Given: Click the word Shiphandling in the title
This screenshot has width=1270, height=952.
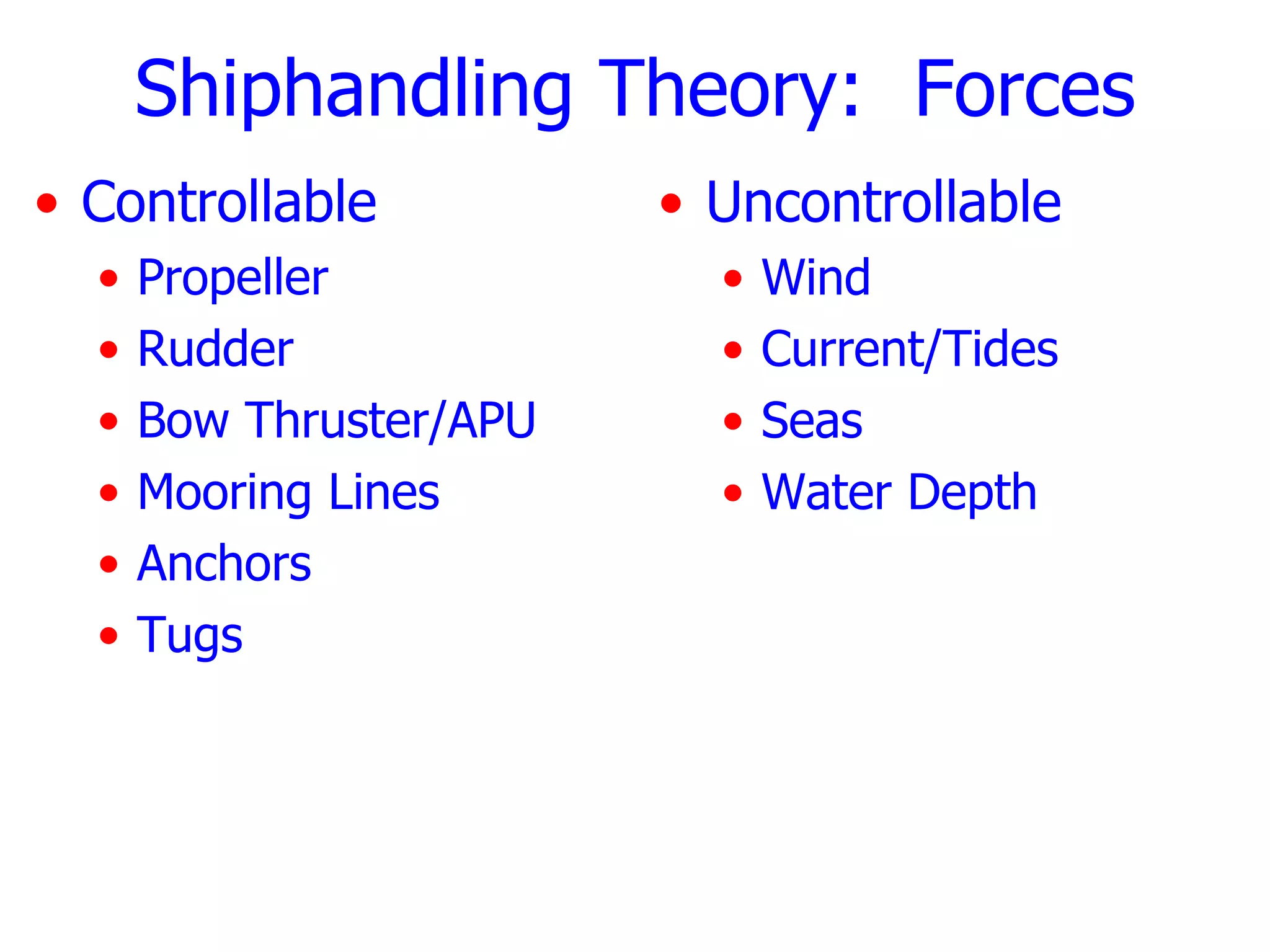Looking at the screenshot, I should coord(352,90).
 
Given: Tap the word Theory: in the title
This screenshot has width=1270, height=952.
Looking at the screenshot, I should coord(729,90).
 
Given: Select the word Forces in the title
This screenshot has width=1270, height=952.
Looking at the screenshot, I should coord(1024,90).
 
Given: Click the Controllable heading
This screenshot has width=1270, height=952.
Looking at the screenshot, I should coord(229,203).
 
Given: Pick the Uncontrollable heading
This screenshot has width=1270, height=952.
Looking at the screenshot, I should coord(883,203).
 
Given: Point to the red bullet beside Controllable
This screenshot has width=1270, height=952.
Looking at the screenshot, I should coord(47,203).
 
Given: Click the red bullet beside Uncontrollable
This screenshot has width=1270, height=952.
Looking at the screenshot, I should coord(671,203).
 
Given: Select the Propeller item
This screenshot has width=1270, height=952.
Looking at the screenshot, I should coord(233,278).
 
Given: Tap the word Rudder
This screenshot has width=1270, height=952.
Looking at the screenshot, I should coord(215,350).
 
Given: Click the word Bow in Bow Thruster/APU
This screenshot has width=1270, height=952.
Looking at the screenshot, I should coord(183,421).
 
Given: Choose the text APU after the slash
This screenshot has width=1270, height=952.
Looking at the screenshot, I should coord(491,421).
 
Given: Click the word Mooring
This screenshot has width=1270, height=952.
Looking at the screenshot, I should coord(224,493).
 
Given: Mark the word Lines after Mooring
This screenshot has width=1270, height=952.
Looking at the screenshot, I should coord(384,492).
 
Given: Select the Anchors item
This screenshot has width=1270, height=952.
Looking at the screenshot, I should coord(224,564).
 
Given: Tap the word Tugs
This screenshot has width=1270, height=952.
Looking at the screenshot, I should coord(190,636).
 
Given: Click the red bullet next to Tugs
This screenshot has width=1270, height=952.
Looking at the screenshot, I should coord(109,636).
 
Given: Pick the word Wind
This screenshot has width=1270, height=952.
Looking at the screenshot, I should coord(815,278).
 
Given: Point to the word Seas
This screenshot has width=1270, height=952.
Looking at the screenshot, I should coord(812,421).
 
